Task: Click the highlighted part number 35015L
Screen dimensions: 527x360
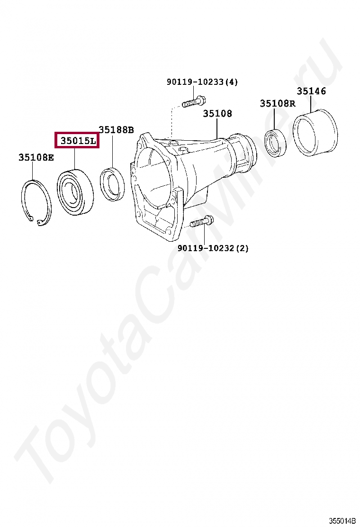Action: pos(77,140)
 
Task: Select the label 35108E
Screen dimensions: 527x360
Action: pos(36,158)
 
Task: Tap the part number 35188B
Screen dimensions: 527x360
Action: pos(116,130)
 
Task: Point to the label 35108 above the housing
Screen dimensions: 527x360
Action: pos(217,114)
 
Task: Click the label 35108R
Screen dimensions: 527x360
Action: pos(277,104)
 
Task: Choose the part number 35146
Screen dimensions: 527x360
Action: pos(311,91)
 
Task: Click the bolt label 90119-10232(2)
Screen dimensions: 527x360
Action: pos(213,248)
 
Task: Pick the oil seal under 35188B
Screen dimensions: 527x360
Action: pos(113,184)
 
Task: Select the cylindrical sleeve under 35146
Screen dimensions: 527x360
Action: pos(315,133)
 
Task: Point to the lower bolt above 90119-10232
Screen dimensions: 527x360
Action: pos(202,221)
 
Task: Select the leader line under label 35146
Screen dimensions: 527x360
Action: pos(311,104)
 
